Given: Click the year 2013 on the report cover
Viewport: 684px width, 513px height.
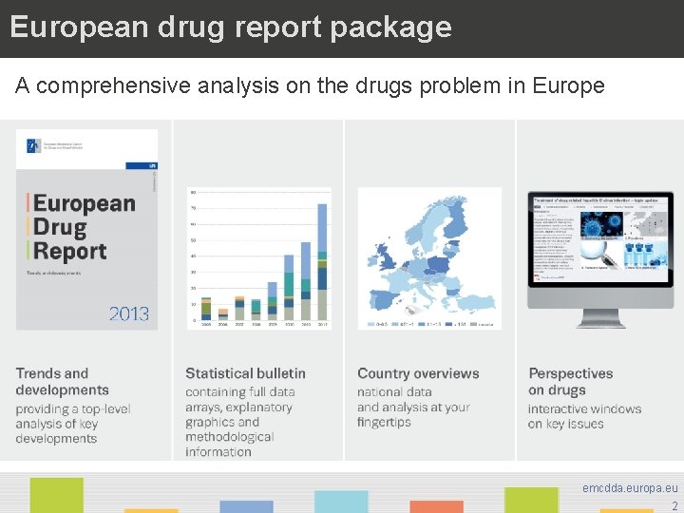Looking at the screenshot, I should point(128,313).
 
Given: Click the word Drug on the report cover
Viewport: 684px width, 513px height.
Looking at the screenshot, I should point(61,227).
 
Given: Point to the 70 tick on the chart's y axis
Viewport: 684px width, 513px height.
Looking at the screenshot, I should point(193,208).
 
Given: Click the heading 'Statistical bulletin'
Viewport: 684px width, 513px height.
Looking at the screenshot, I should point(245,373).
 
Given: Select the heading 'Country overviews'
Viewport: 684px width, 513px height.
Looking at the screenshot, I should point(418,373).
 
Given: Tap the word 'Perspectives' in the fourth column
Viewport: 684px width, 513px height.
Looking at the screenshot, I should point(571,373).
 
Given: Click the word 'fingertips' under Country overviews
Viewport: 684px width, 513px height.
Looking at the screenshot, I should point(384,423).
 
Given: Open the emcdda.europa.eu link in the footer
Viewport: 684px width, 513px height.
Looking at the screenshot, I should point(630,487).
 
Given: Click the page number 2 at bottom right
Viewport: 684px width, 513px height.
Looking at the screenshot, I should point(674,505).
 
